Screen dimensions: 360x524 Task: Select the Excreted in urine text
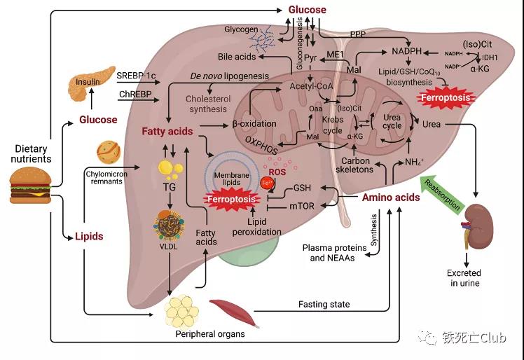(464, 279)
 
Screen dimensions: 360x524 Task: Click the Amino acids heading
(391, 198)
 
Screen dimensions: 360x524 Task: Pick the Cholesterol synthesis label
(208, 104)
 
